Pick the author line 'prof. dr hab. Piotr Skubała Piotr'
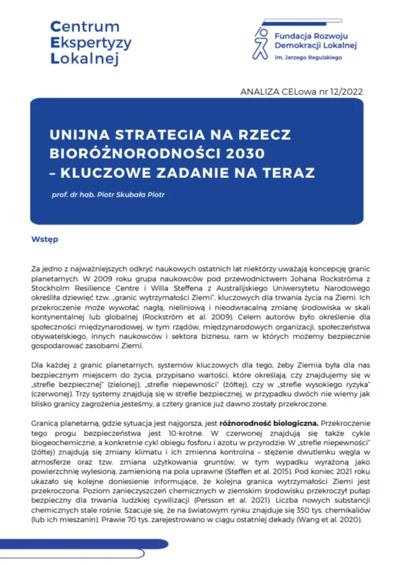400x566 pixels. pos(108,194)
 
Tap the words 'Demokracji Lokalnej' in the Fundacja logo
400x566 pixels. pos(318,46)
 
